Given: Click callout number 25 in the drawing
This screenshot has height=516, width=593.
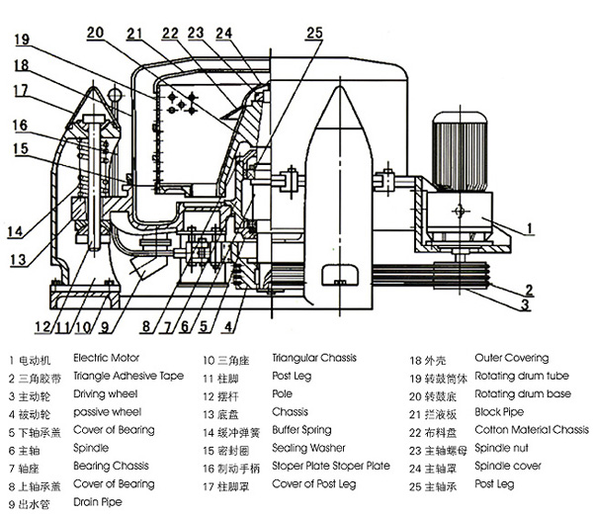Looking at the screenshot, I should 313,33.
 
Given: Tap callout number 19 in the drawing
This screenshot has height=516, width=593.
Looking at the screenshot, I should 22,41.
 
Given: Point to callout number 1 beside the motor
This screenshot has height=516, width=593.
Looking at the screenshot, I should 530,228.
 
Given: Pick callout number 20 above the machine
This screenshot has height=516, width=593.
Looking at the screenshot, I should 95,33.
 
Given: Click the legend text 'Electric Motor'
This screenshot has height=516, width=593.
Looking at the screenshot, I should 107,358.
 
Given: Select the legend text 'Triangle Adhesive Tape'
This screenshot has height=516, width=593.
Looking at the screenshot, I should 128,376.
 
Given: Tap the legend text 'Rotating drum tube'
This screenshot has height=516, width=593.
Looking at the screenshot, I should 522,376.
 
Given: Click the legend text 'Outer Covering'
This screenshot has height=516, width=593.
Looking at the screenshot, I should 511,358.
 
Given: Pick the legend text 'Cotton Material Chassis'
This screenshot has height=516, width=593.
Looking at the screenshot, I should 532,430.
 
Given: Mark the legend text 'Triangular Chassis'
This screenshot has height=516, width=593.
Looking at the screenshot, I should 314,358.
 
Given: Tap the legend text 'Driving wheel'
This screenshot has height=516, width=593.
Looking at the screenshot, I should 107,393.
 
